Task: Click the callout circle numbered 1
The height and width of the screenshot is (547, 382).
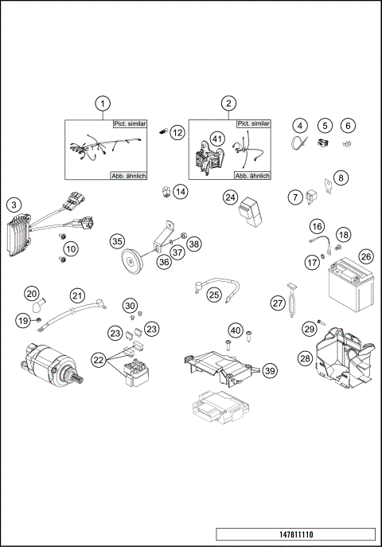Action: [x=101, y=104]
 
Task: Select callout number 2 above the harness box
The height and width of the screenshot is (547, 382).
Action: [x=229, y=104]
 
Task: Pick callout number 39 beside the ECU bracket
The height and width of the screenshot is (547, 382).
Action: [x=270, y=370]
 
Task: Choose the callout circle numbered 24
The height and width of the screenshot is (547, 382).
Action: [x=230, y=197]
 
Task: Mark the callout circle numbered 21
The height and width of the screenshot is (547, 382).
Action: [x=76, y=295]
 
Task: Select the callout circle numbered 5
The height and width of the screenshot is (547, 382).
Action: [x=324, y=126]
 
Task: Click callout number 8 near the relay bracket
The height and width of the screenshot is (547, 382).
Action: [x=341, y=178]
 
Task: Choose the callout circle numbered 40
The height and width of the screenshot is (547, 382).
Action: [x=235, y=330]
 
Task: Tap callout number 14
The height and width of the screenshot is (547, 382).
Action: [x=181, y=192]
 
